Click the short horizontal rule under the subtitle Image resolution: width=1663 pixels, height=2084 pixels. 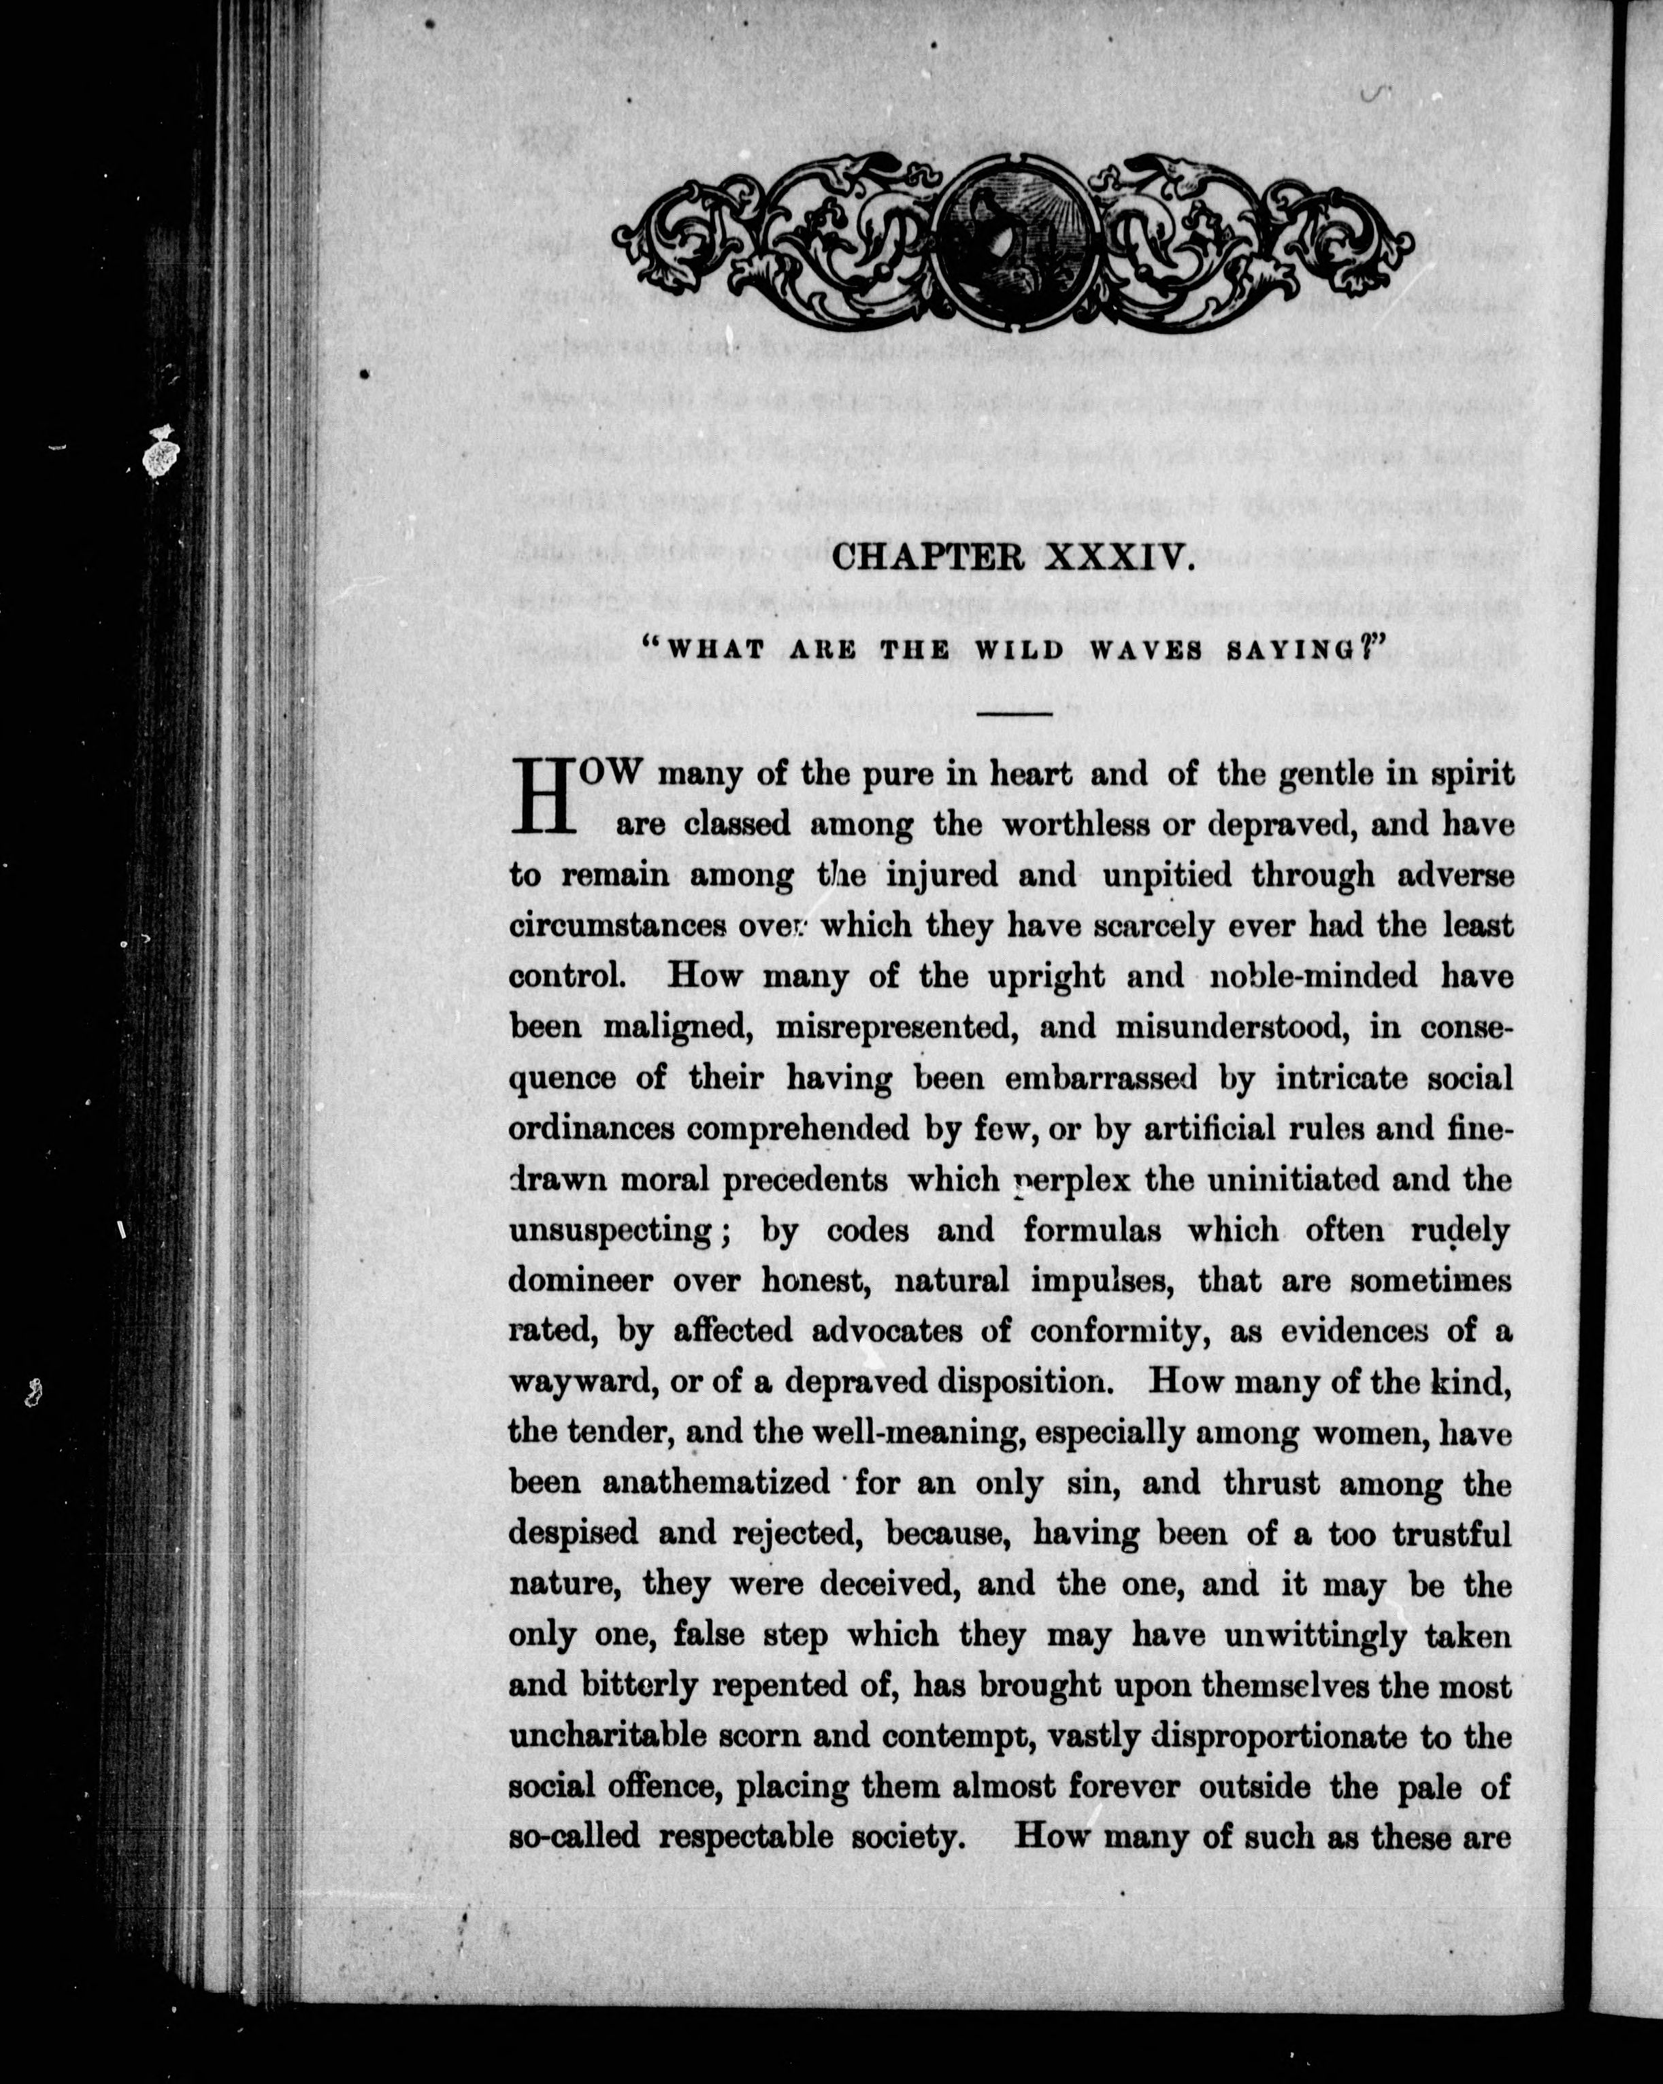1015,714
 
